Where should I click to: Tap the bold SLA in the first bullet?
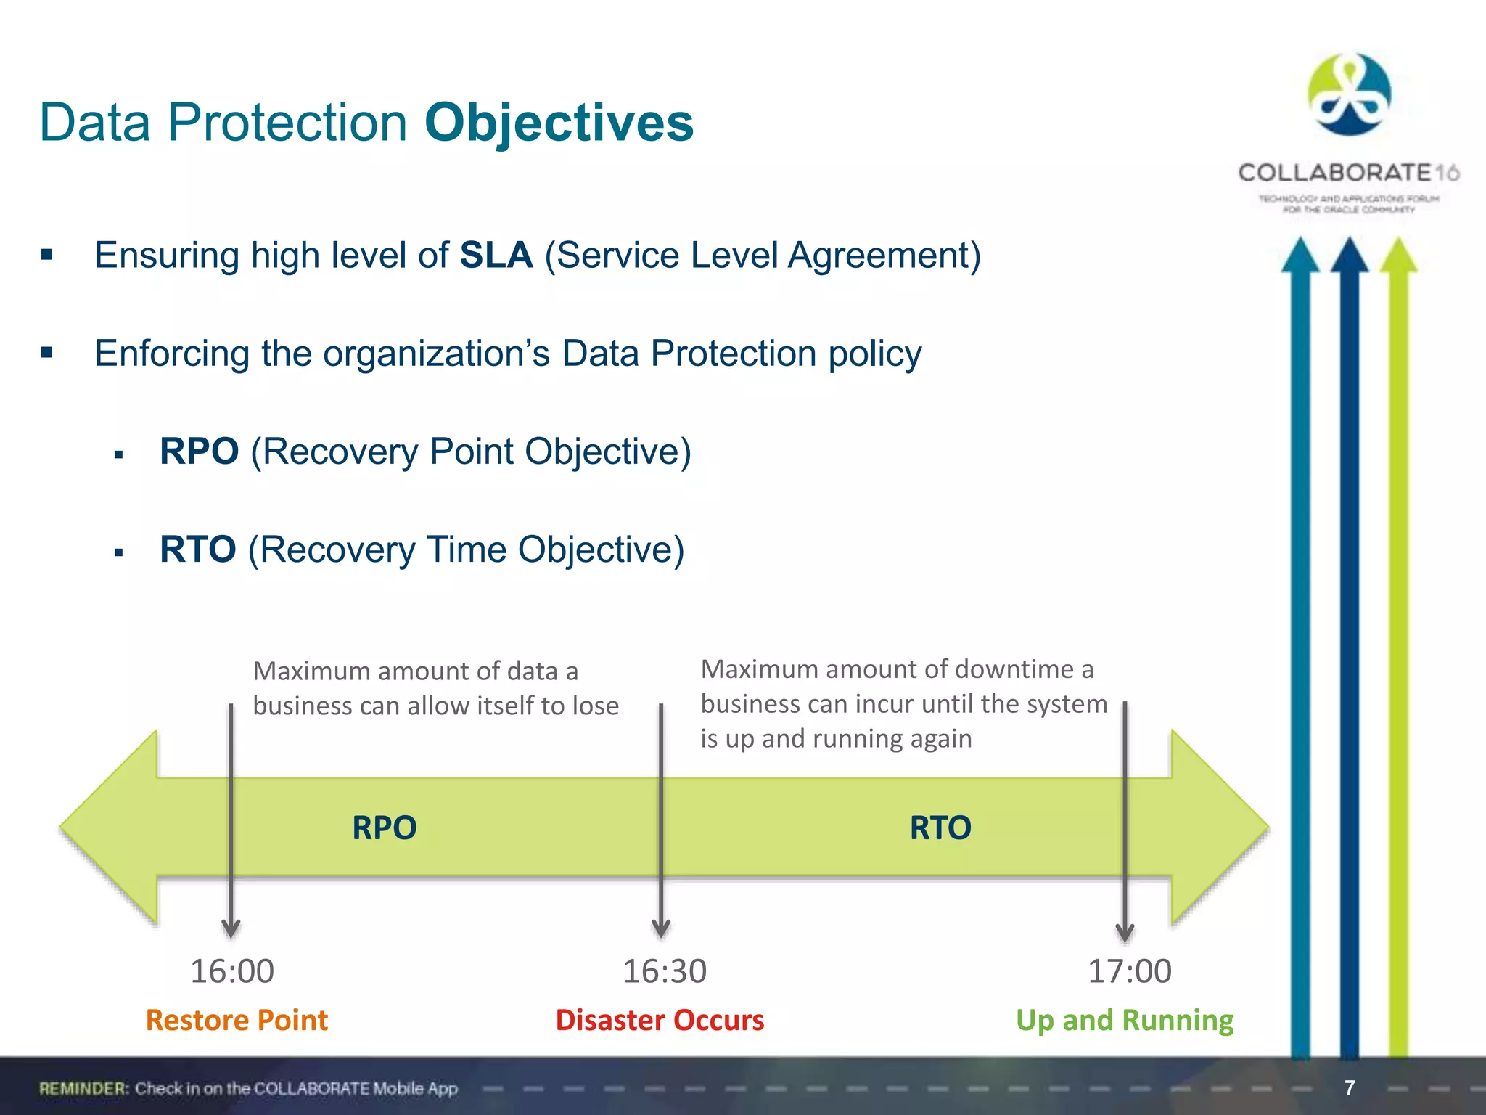click(496, 256)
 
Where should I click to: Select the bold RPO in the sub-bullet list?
click(199, 451)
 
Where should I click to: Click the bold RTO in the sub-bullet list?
click(197, 549)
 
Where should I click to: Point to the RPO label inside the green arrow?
click(384, 828)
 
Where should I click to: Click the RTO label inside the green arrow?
click(940, 828)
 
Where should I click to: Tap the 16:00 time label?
click(232, 971)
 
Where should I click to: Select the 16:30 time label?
click(665, 971)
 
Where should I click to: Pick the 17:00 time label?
click(1129, 971)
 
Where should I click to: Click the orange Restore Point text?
click(237, 1021)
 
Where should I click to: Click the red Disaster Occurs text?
click(660, 1021)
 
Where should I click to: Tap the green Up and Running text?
click(1125, 1021)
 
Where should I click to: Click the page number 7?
click(1350, 1087)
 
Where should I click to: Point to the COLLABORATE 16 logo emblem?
click(1349, 94)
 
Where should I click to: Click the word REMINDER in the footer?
click(83, 1088)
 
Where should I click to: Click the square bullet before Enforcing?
click(47, 353)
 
